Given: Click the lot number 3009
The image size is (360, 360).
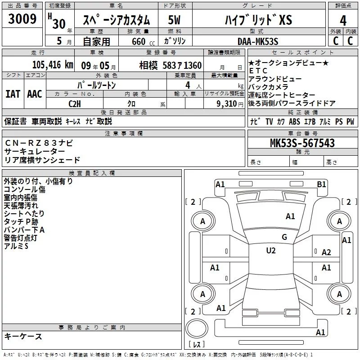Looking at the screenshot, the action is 22,20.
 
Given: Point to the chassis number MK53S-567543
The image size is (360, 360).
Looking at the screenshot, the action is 302,143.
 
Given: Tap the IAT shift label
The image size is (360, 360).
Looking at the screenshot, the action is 13,94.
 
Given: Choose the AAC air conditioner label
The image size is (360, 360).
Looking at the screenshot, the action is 35,94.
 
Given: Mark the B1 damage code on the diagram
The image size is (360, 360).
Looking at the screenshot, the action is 321,184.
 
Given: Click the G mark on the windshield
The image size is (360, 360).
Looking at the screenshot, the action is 284,237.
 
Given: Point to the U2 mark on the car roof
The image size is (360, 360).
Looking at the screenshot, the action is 270,250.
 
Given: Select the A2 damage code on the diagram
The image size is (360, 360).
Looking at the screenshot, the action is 326,252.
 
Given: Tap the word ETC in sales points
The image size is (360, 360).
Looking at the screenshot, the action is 258,71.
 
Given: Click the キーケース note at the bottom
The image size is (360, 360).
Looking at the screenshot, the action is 23,336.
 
